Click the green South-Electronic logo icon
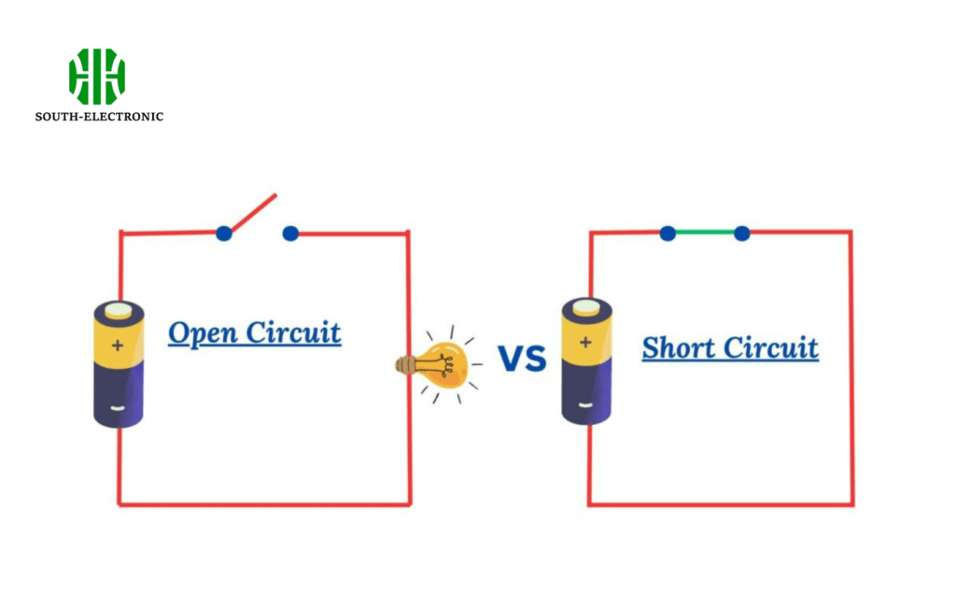(96, 76)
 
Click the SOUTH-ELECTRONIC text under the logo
(99, 117)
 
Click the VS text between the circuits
(521, 358)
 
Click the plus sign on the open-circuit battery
(118, 346)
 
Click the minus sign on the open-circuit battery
(118, 408)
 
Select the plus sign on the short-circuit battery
(585, 342)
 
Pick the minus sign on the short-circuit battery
(585, 405)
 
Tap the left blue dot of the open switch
(224, 233)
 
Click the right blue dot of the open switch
(290, 233)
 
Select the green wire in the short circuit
(705, 233)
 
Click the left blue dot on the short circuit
(668, 233)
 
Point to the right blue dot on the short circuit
(741, 233)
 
